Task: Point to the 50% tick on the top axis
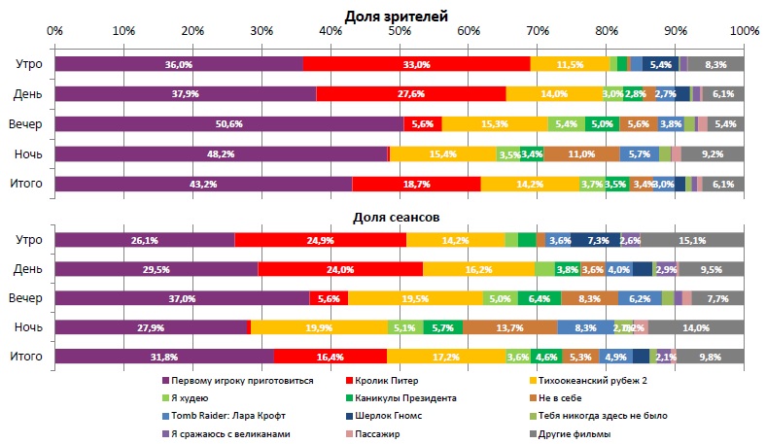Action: tap(400, 31)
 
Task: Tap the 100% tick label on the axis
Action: tap(744, 31)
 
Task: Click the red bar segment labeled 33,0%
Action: tap(416, 64)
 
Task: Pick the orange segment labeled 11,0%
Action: tap(581, 154)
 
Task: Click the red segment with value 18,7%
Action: tap(416, 184)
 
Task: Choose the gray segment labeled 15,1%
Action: tap(692, 240)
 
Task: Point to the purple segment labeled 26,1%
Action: tap(144, 240)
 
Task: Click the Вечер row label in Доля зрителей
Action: tap(24, 124)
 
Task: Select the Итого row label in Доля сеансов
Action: tap(24, 358)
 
